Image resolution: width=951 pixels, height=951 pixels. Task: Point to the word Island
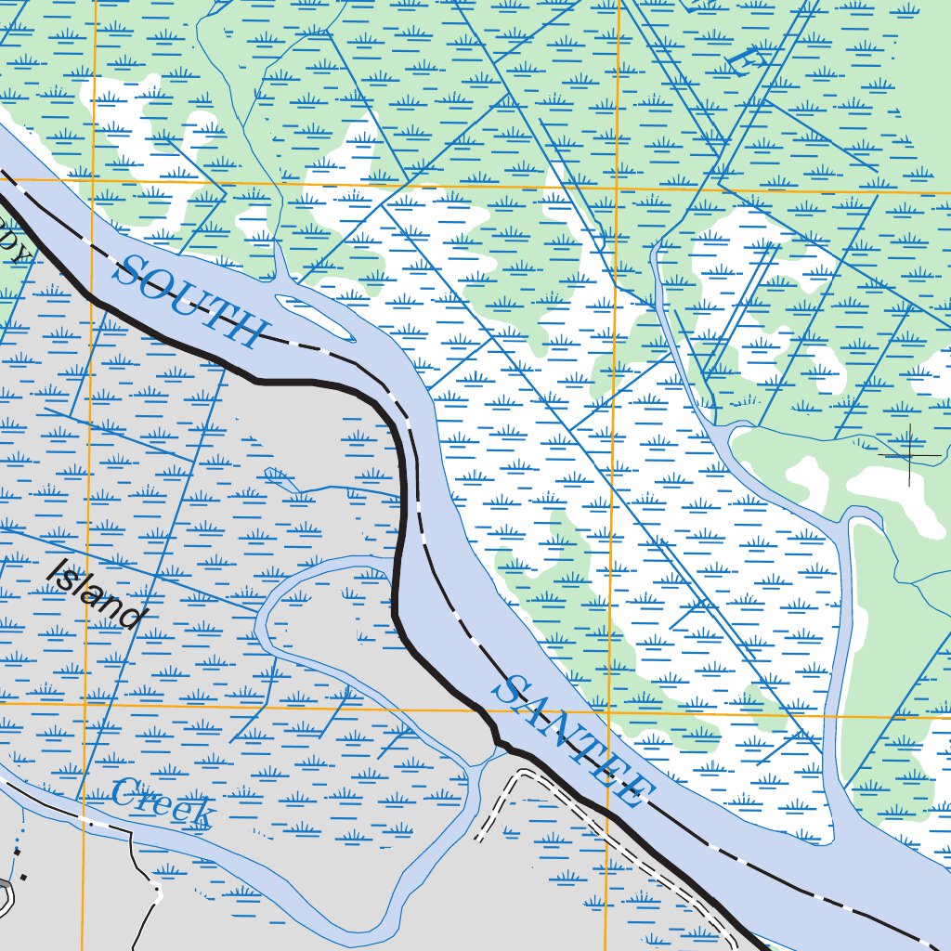(97, 594)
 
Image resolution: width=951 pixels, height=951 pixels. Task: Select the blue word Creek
(163, 804)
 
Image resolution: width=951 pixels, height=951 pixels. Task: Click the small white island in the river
(316, 317)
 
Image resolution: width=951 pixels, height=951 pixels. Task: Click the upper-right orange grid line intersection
(618, 189)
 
